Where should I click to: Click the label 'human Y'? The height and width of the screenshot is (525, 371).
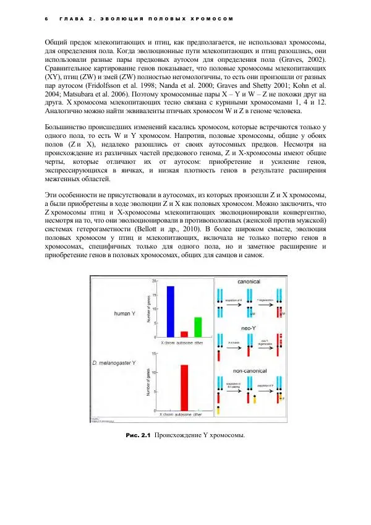(126, 314)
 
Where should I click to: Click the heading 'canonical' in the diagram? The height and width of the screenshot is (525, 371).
(249, 282)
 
